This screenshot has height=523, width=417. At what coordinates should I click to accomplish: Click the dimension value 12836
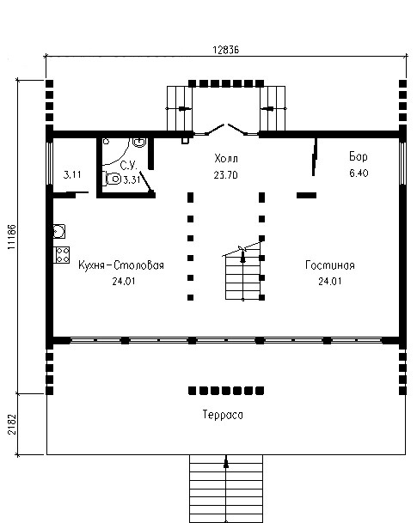[x=226, y=50]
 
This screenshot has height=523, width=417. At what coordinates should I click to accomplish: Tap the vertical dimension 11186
[x=12, y=237]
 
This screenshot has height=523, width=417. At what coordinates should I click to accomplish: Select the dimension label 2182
[x=12, y=424]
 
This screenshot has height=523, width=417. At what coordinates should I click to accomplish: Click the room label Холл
[x=226, y=158]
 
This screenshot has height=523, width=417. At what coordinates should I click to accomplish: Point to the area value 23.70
[x=225, y=175]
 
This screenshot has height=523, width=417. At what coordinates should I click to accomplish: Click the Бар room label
[x=359, y=157]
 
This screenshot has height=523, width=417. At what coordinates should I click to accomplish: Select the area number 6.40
[x=359, y=173]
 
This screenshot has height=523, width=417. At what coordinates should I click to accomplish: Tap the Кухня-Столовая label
[x=121, y=265]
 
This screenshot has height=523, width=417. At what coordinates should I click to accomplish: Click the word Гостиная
[x=330, y=265]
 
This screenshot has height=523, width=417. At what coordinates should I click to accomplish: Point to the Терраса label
[x=223, y=415]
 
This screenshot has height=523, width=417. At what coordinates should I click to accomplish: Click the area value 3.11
[x=72, y=174]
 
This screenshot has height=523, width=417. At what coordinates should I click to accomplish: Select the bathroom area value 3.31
[x=132, y=180]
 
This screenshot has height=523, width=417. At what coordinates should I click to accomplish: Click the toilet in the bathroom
[x=112, y=179]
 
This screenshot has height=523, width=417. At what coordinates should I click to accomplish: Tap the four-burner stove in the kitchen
[x=62, y=255]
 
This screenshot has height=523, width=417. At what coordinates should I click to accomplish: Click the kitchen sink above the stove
[x=59, y=232]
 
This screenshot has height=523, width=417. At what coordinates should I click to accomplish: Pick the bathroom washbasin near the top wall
[x=139, y=143]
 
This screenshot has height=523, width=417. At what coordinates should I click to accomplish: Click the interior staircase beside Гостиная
[x=243, y=272]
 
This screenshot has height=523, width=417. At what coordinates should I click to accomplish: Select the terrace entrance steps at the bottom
[x=226, y=489]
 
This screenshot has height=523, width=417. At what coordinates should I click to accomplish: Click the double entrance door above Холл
[x=226, y=130]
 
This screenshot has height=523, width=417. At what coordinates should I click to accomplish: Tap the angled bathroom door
[x=147, y=183]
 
